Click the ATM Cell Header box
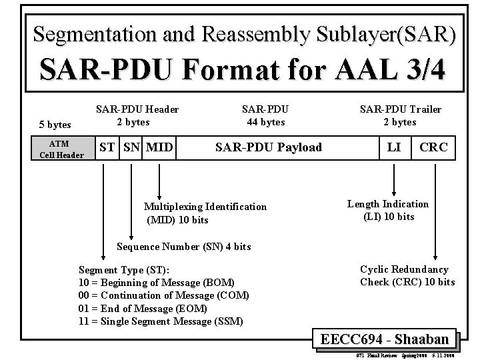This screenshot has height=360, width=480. (61, 149)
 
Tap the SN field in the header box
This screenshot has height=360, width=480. (130, 147)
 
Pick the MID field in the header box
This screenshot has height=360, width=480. (159, 147)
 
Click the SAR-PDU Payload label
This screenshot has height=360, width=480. (268, 147)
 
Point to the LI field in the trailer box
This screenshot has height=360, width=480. (394, 147)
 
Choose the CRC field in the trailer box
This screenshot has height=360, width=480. (433, 147)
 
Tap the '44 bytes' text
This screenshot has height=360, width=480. (265, 122)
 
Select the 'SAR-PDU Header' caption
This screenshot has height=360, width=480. (137, 109)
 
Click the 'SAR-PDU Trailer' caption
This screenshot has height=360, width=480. (400, 109)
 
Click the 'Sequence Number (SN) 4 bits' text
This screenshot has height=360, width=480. (183, 247)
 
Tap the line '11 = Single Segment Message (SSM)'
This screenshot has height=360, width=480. (161, 321)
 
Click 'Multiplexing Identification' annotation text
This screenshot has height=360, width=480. (205, 207)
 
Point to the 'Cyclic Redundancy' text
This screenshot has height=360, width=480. (404, 269)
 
